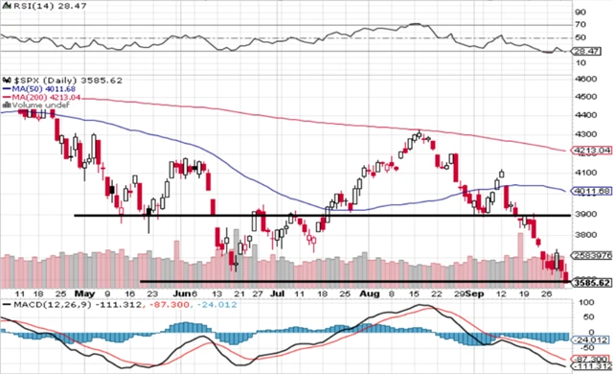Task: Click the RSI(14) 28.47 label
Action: pyautogui.click(x=34, y=7)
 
